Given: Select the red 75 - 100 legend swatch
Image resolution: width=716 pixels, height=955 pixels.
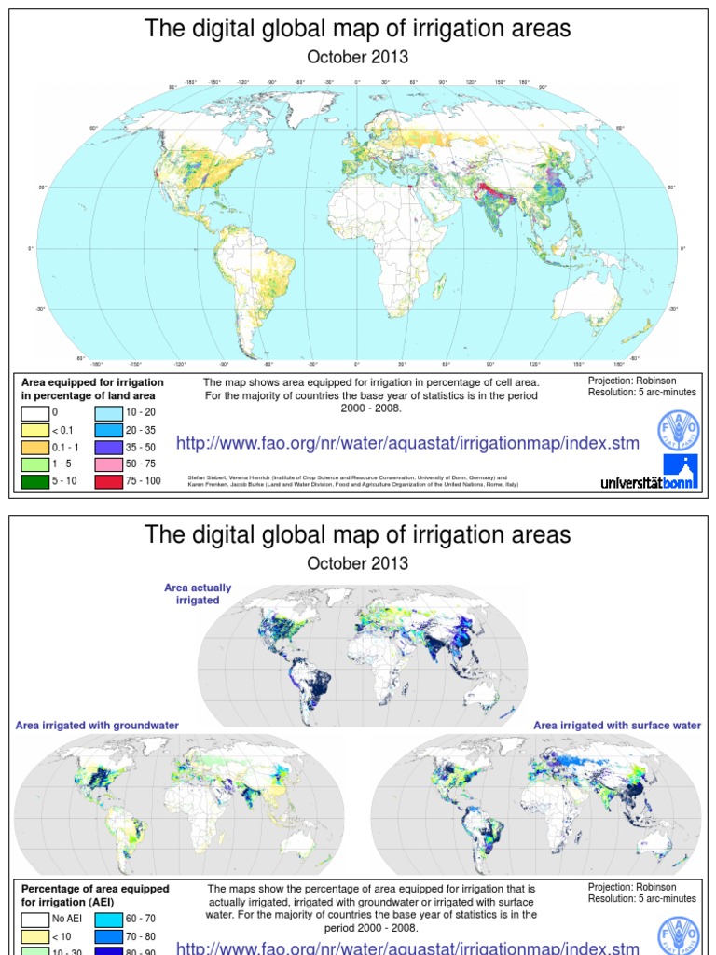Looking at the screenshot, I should (108, 482).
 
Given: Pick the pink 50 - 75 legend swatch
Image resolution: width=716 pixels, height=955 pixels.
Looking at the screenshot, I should (108, 464).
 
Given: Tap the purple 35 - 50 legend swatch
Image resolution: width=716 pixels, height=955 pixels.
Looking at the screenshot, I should (108, 447).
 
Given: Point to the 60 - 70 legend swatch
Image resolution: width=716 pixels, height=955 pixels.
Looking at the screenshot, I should (108, 919).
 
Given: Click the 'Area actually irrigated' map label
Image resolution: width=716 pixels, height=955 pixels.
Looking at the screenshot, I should (198, 594).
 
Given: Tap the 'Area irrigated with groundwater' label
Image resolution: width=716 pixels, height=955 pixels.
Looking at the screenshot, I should (97, 725).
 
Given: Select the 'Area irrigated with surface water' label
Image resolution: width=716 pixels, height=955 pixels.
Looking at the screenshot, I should (617, 725).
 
